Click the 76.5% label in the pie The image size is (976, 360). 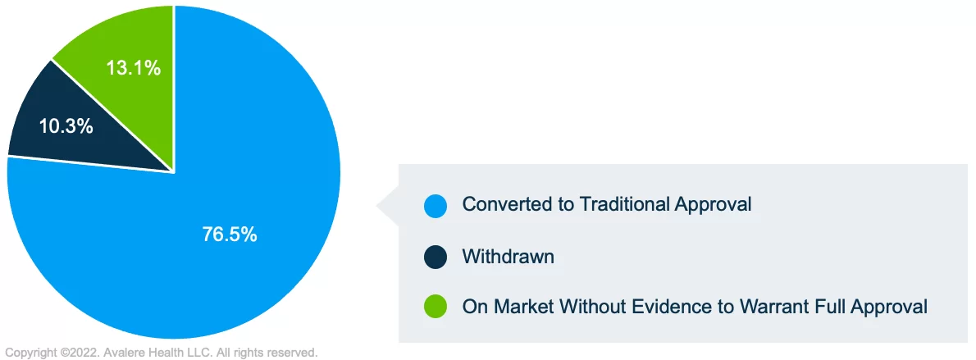pos(230,235)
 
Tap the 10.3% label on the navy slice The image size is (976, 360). pos(66,126)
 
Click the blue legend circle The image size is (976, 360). pos(436,206)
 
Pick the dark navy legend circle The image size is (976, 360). pos(436,257)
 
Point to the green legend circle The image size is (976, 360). pos(436,307)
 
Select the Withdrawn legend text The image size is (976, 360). pos(508,256)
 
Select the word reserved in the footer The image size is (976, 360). pos(295,353)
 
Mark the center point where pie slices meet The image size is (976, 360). pos(174,172)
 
